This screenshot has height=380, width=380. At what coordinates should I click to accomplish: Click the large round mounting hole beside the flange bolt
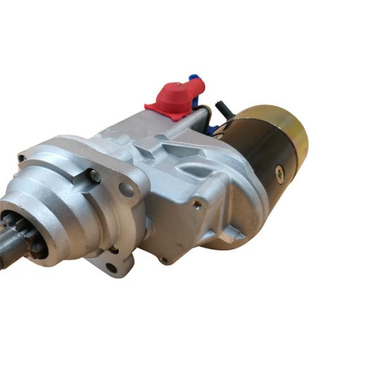coord(127,189)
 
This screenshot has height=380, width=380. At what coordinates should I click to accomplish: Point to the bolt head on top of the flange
coord(95,177)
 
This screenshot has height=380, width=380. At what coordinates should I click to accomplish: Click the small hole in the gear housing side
coord(197,204)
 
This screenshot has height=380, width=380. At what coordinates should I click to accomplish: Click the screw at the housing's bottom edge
coord(163,260)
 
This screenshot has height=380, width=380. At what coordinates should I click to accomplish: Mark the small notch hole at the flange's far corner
coord(23,158)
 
